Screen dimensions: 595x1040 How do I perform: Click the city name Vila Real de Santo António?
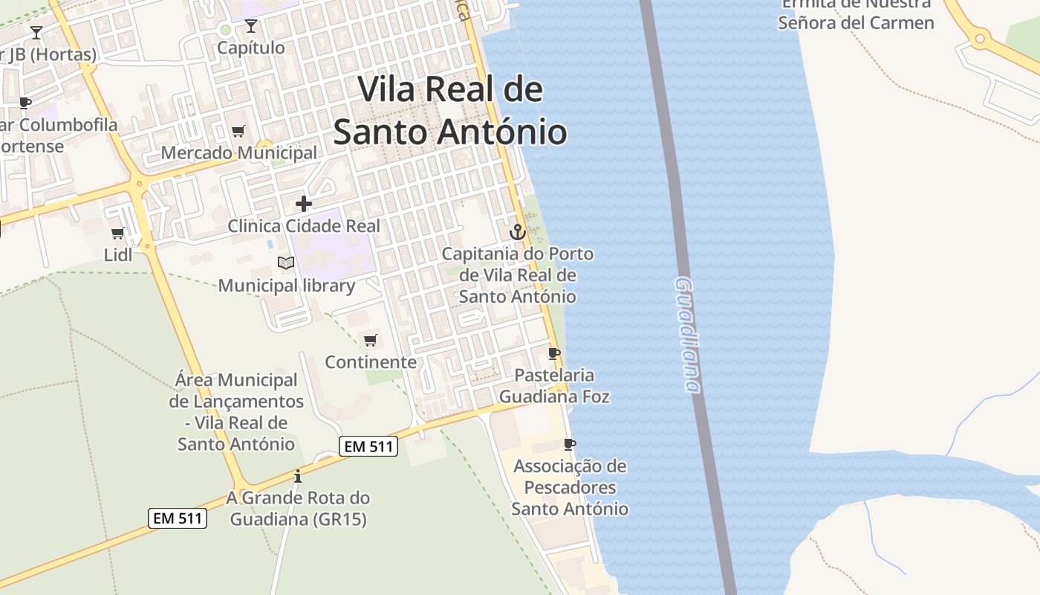(450, 111)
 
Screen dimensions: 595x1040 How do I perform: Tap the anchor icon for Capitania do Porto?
(518, 231)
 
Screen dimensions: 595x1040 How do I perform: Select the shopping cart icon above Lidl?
(117, 234)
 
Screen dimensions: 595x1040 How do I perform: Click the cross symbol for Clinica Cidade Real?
(304, 203)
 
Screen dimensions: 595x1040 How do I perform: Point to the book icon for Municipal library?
(286, 263)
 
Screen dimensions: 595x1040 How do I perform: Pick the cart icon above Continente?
(370, 341)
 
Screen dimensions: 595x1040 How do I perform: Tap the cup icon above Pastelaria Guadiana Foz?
(553, 353)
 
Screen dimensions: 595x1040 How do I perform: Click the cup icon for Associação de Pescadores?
(570, 445)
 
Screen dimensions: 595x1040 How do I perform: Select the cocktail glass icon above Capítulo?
(251, 27)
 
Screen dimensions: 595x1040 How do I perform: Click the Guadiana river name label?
(687, 335)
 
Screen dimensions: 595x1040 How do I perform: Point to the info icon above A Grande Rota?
(298, 476)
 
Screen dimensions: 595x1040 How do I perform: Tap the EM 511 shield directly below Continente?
(369, 446)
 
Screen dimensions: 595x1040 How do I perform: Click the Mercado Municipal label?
(239, 152)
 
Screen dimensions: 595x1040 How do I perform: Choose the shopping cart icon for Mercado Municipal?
(238, 132)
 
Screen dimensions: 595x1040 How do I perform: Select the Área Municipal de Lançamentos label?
(236, 412)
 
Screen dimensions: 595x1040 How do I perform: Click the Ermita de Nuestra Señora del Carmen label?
(856, 15)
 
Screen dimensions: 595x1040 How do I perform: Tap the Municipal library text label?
(287, 286)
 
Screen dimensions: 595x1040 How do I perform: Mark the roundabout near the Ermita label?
(980, 38)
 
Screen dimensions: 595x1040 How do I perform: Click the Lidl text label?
(118, 254)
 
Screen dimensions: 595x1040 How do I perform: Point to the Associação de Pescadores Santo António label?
(570, 488)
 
